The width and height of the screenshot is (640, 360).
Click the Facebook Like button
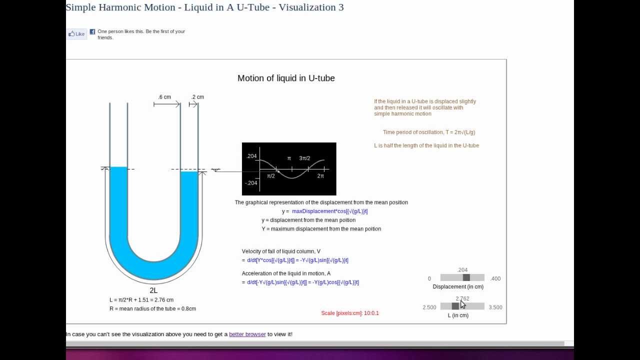tap(77, 34)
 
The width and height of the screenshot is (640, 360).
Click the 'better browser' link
tap(247, 334)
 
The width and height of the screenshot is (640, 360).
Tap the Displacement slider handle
tap(466, 277)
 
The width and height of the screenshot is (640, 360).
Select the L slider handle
tap(455, 306)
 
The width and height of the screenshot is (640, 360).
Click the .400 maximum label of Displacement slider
tap(495, 278)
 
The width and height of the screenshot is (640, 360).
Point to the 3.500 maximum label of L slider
tap(495, 307)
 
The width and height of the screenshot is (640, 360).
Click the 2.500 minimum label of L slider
tap(429, 307)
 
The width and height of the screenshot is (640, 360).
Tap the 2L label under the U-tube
tap(153, 290)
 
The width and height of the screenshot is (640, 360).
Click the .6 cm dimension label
tap(164, 97)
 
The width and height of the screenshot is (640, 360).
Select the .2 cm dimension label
tap(198, 97)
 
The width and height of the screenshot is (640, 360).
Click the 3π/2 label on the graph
tap(304, 158)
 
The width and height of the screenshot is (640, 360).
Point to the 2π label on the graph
tap(320, 176)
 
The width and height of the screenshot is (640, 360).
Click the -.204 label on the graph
tap(251, 183)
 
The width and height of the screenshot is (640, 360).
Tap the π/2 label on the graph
tap(271, 176)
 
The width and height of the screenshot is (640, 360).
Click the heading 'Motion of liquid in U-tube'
tap(286, 78)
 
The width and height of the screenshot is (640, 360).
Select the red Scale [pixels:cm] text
tap(350, 313)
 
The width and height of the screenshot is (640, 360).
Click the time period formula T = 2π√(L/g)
tap(429, 132)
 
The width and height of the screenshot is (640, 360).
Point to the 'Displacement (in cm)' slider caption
tap(458, 287)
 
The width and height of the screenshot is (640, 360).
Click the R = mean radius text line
tap(152, 308)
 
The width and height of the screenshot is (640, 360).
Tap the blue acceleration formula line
tap(303, 282)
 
